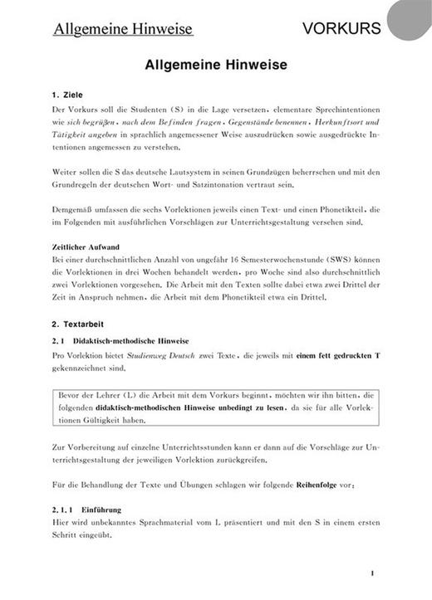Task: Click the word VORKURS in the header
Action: [341, 29]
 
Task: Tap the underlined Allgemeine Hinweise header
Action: [123, 30]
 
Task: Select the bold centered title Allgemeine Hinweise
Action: [215, 63]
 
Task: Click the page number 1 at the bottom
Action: [373, 572]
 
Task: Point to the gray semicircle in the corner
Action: [412, 18]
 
